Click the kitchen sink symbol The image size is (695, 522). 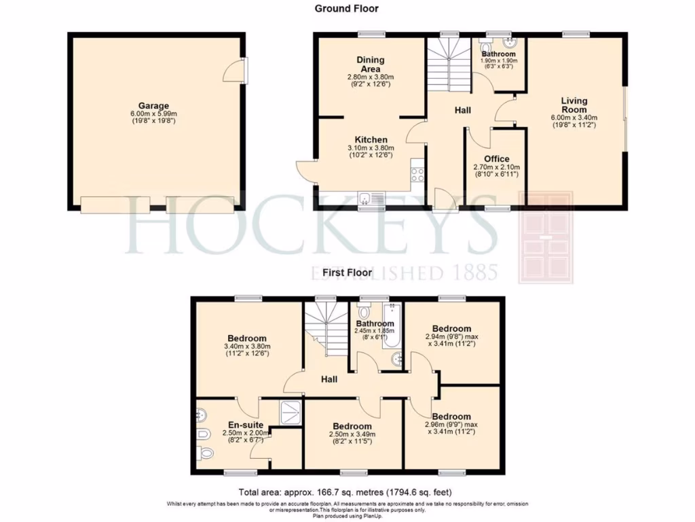point(371,198)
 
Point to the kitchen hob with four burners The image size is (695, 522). point(417,174)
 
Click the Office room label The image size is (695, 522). point(496,159)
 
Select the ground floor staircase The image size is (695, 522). point(448,65)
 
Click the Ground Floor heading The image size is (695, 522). point(346,9)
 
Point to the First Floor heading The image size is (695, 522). point(347,273)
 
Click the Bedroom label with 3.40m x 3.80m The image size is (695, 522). point(246,338)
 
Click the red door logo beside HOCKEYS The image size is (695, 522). point(547,237)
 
